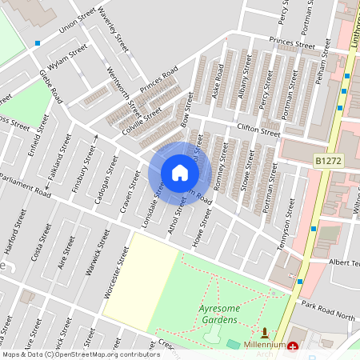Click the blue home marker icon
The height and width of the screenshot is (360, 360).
click(x=179, y=173)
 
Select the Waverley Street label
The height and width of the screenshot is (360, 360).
click(x=114, y=30)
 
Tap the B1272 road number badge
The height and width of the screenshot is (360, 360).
click(x=329, y=162)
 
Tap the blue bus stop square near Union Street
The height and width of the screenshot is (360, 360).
click(x=38, y=43)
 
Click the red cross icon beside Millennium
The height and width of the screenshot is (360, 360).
click(x=293, y=348)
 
